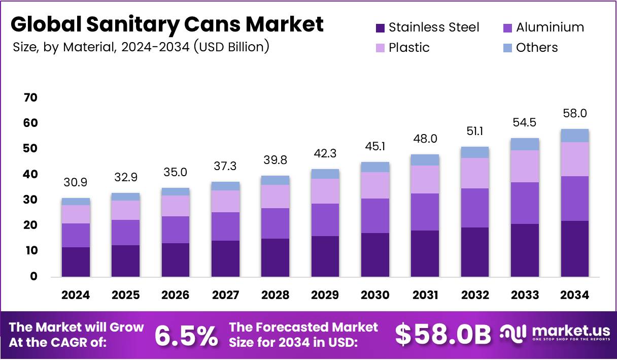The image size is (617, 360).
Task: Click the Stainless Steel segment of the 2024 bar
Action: (76, 261)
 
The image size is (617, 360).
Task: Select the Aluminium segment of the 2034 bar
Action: (575, 199)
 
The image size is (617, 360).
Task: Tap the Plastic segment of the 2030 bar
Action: (375, 185)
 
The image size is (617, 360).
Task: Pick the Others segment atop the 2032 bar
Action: (475, 152)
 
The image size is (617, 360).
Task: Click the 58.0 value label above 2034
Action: (575, 113)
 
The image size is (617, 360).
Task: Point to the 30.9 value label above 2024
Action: (76, 182)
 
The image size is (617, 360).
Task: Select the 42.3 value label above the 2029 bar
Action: (325, 153)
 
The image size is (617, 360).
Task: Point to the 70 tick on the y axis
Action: (30, 97)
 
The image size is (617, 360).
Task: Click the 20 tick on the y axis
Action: (30, 225)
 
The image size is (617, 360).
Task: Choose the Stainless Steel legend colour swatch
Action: (381, 27)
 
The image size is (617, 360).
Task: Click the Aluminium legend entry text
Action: (550, 27)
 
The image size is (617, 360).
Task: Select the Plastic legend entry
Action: (408, 48)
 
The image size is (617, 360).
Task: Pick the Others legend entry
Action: (536, 48)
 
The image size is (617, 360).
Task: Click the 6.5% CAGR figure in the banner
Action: (186, 335)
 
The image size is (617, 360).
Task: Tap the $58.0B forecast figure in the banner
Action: (443, 335)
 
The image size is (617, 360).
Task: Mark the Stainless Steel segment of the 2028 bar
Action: (275, 257)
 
